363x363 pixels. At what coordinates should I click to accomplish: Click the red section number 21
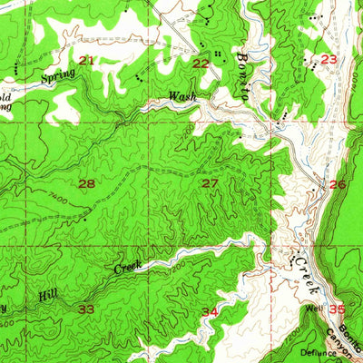click(x=86, y=61)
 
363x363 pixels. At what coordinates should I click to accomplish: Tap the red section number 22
click(x=200, y=63)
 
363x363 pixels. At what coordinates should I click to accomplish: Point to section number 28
click(x=86, y=184)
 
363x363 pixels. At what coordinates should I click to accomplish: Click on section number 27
click(x=210, y=184)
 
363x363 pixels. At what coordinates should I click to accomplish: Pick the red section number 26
click(x=338, y=185)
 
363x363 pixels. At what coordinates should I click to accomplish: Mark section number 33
click(x=87, y=309)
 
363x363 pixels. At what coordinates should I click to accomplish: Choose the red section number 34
click(x=210, y=311)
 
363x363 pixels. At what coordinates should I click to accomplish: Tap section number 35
click(x=338, y=309)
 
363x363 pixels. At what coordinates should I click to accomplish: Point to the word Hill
click(x=47, y=296)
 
